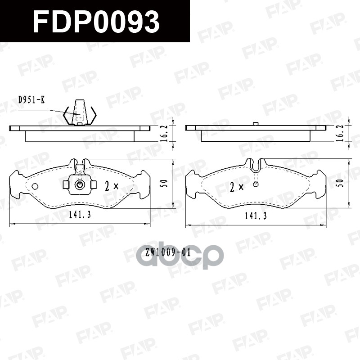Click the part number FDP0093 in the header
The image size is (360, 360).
tap(96, 21)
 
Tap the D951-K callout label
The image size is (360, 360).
tap(31, 100)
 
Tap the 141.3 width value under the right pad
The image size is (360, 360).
tap(256, 216)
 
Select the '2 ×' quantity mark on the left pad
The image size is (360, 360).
tap(112, 185)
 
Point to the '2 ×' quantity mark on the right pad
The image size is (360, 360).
tap(236, 187)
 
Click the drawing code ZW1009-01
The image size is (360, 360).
tap(168, 253)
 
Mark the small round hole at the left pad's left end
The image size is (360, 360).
tap(35, 186)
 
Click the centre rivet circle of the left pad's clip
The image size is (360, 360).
tap(80, 184)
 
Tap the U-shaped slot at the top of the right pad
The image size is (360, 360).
tap(256, 166)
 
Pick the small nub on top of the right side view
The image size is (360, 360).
tap(255, 124)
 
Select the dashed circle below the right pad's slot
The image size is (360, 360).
tap(256, 184)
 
